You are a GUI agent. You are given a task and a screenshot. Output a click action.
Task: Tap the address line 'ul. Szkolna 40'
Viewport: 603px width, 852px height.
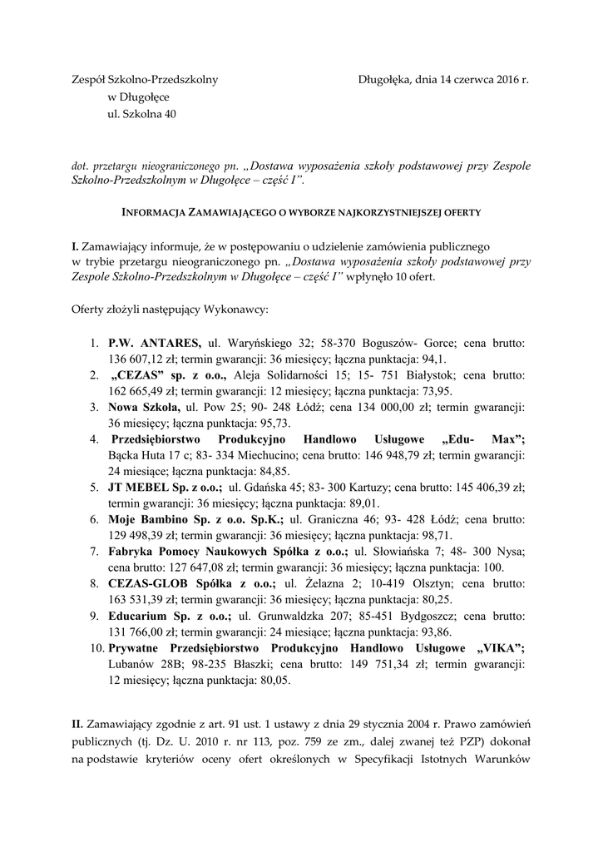(141, 114)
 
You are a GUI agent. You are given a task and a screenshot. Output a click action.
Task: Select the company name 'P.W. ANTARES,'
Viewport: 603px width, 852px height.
(155, 342)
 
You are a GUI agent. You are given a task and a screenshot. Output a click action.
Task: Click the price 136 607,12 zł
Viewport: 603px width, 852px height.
(136, 359)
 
